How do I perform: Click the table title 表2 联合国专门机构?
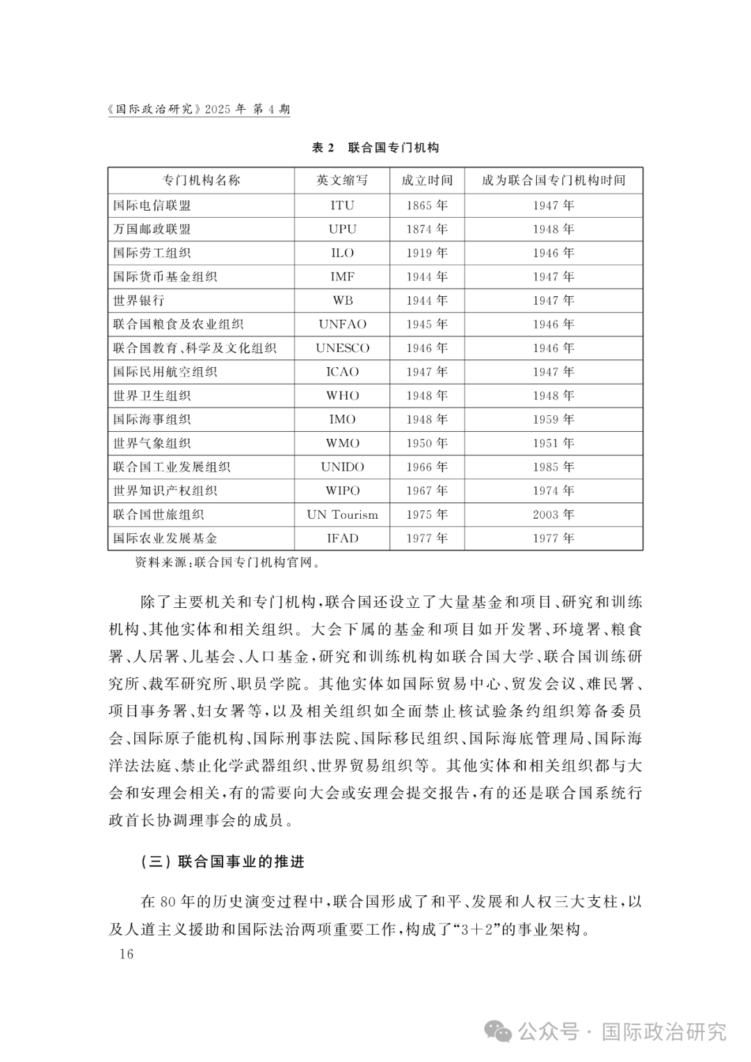[x=375, y=147]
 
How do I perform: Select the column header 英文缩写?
[x=342, y=180]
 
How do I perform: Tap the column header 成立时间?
[x=427, y=180]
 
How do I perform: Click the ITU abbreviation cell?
[x=342, y=205]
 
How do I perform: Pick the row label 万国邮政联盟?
[x=152, y=229]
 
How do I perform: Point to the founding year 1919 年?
[x=427, y=253]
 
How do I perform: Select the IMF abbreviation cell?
[x=342, y=277]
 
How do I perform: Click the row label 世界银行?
[x=139, y=300]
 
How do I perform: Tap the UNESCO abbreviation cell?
[x=342, y=348]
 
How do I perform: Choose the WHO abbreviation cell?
[x=342, y=396]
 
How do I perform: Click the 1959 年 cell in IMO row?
[x=554, y=419]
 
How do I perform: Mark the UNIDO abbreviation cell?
[x=342, y=467]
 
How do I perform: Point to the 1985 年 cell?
[x=554, y=467]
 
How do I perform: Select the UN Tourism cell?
[x=342, y=515]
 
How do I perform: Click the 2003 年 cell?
[x=554, y=515]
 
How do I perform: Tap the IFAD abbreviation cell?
[x=342, y=538]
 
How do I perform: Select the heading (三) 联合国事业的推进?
[x=223, y=862]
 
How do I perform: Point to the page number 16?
[x=126, y=954]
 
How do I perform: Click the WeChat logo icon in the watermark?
[x=499, y=1031]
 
